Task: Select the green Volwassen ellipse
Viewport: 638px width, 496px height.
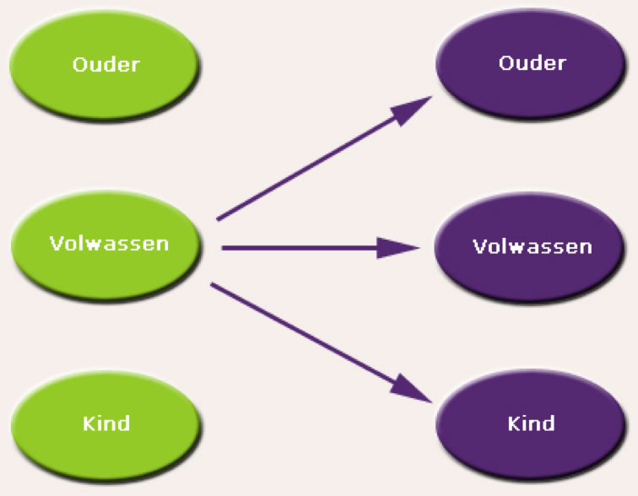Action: click(x=106, y=245)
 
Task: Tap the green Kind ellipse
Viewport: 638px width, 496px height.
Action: click(x=106, y=422)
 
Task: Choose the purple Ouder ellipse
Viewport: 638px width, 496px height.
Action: click(x=532, y=63)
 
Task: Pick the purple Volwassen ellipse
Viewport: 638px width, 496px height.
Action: click(x=532, y=246)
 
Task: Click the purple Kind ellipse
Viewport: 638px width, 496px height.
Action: click(x=532, y=423)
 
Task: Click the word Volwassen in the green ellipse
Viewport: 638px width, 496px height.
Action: click(x=109, y=244)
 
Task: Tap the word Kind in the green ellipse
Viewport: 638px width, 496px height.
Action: click(x=106, y=423)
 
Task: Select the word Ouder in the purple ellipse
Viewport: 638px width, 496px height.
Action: click(x=533, y=63)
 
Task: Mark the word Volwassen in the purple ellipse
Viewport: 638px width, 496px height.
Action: click(x=533, y=247)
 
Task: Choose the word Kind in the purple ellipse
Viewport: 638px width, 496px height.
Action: click(x=532, y=423)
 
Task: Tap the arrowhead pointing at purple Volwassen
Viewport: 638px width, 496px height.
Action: click(x=397, y=248)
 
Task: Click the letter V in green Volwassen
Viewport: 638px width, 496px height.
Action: click(x=56, y=244)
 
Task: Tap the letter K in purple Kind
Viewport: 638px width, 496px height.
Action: click(x=513, y=423)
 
